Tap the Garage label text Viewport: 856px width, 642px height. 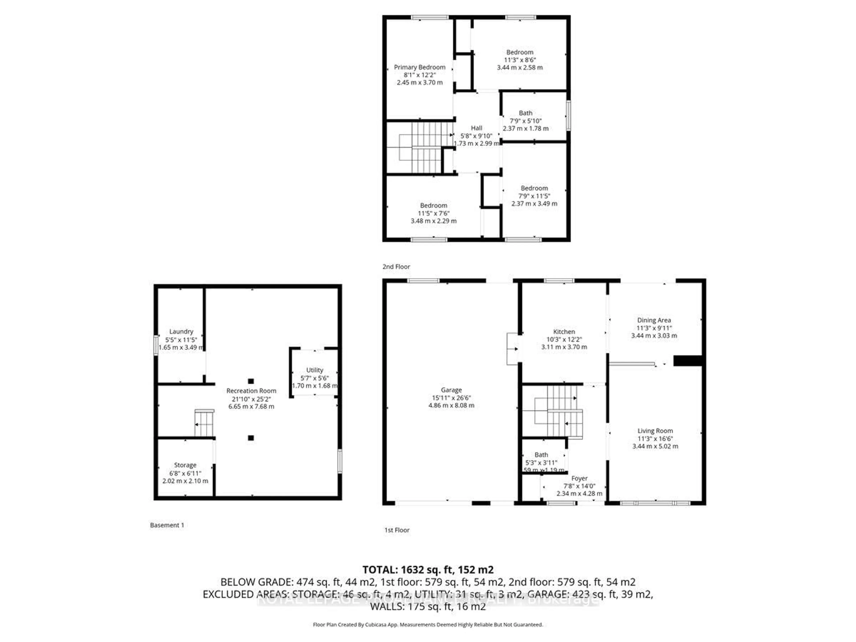[x=451, y=390]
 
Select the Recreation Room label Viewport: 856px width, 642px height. [x=251, y=391]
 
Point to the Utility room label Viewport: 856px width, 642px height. [x=314, y=370]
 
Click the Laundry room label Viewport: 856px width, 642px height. [x=181, y=332]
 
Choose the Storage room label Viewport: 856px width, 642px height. [x=185, y=465]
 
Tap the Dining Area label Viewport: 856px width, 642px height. [x=654, y=320]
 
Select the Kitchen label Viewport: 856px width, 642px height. [x=564, y=332]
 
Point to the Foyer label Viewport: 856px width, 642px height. [x=579, y=478]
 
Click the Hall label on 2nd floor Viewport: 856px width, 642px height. [x=476, y=128]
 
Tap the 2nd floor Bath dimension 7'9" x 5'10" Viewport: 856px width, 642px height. [x=525, y=121]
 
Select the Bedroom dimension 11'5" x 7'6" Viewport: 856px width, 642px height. [x=433, y=213]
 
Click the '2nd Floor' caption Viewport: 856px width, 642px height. [x=396, y=267]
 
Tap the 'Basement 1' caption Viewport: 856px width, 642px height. [x=167, y=525]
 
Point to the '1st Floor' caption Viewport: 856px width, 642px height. [x=397, y=530]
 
